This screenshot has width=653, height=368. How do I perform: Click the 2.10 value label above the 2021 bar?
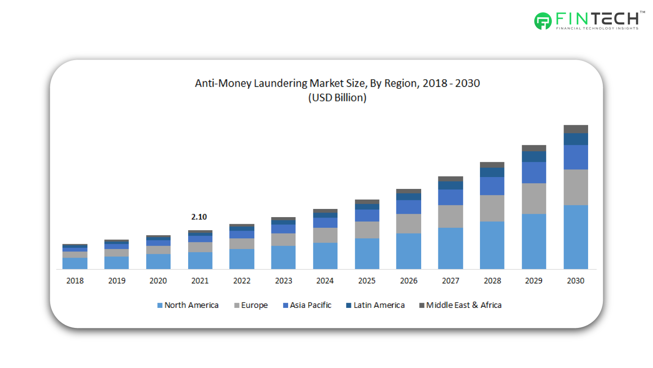tap(199, 217)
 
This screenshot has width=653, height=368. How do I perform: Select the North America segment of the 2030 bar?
tap(575, 237)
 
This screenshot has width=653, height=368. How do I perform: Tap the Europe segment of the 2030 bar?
tap(575, 187)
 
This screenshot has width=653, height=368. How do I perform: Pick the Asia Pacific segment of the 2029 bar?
tap(534, 173)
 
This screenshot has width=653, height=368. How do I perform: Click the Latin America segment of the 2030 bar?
tap(575, 139)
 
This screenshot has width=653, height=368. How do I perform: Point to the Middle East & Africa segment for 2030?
tap(575, 129)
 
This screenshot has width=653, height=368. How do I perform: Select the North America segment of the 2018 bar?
tap(75, 263)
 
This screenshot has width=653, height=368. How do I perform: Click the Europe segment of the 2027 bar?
tap(450, 216)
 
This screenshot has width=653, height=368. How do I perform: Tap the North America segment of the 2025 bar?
tap(367, 254)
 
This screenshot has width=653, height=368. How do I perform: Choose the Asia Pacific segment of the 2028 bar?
tap(492, 186)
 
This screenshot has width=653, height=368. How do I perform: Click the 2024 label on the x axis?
tap(325, 281)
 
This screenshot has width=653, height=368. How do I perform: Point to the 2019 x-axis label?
tap(117, 281)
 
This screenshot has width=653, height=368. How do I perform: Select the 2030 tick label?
tap(575, 281)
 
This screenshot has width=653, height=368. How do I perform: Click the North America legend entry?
tap(188, 305)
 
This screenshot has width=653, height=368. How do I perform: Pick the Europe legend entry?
tap(251, 305)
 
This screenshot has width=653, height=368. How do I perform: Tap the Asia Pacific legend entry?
tap(307, 305)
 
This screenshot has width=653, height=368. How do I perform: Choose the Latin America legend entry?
tap(375, 305)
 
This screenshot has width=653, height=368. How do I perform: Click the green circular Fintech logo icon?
tap(543, 21)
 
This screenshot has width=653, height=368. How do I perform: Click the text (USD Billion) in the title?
tap(337, 98)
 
